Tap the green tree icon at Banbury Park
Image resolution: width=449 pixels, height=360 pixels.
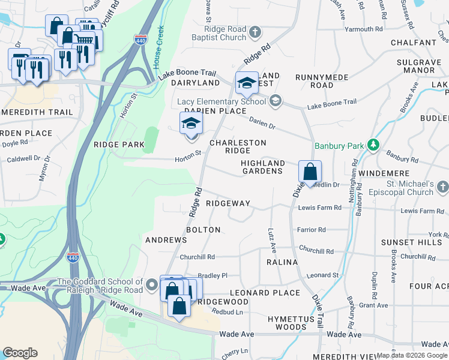click(x=373, y=145)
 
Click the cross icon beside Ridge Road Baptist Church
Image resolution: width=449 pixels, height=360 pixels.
click(x=256, y=32)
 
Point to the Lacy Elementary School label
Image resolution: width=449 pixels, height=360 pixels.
click(x=221, y=101)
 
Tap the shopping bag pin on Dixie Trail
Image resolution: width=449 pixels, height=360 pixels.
click(x=310, y=172)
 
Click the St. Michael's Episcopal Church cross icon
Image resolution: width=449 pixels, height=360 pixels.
click(x=442, y=187)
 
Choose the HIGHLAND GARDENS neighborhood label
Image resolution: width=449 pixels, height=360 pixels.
click(x=262, y=167)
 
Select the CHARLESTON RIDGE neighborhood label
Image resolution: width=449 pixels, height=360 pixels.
click(x=238, y=146)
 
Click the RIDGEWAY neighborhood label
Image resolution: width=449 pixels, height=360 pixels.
click(x=228, y=203)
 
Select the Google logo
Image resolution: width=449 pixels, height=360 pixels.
click(x=20, y=352)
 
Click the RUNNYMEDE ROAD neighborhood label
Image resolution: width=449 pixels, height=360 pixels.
click(x=314, y=81)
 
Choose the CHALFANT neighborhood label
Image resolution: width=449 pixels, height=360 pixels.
click(x=412, y=43)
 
